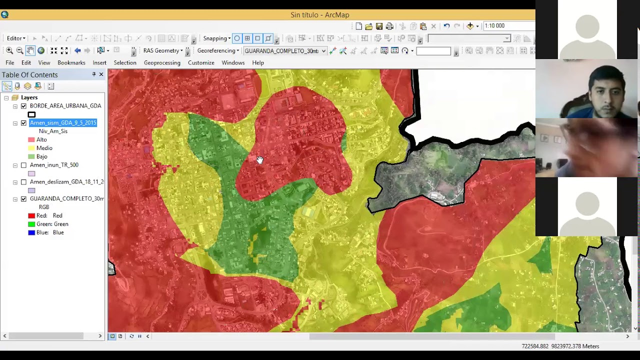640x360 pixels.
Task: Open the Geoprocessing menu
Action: (162, 62)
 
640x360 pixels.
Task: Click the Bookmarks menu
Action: (71, 62)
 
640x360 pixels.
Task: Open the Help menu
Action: (257, 62)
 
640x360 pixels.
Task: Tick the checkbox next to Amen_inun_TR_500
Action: (23, 165)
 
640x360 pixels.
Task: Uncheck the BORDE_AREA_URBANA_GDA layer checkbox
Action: (23, 106)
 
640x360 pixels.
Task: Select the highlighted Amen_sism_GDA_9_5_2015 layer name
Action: (63, 122)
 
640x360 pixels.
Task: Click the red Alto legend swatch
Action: (31, 140)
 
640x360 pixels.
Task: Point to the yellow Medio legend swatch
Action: (31, 148)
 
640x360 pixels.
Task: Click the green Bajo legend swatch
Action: (31, 157)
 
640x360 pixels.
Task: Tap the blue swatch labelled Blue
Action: (31, 232)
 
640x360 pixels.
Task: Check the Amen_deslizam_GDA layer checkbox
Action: (23, 182)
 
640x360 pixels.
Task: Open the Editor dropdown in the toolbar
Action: (16, 38)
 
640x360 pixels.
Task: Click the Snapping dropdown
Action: (216, 38)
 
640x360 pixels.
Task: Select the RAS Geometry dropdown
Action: (163, 50)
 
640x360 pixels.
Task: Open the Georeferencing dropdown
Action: (218, 50)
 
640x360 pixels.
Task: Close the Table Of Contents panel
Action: (101, 74)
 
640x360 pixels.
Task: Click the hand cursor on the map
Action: (259, 160)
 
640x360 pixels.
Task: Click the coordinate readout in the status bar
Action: (560, 346)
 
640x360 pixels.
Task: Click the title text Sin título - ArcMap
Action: (319, 15)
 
